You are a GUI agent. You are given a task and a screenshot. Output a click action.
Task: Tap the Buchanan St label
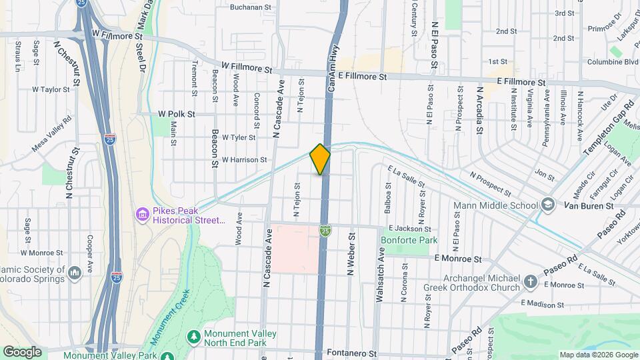[x=252, y=7]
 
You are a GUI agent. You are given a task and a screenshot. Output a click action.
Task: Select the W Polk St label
[x=176, y=114]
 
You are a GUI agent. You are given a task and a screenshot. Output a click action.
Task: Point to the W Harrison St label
[x=244, y=160]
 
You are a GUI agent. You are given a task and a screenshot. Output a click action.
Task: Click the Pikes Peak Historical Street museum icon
[x=143, y=215]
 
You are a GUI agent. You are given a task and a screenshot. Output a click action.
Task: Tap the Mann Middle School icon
[x=548, y=204]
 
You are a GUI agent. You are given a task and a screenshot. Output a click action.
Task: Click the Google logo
[x=22, y=352]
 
